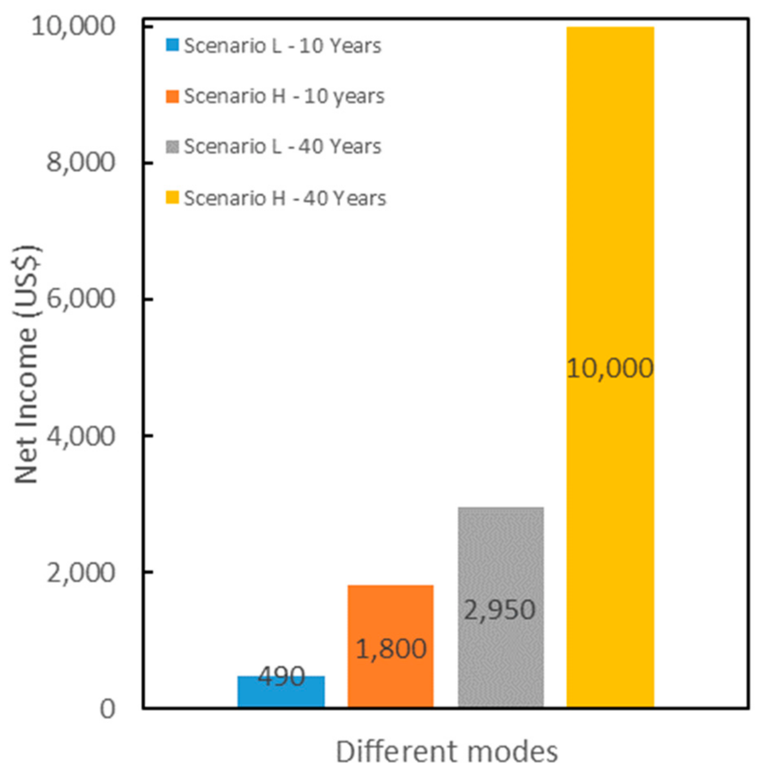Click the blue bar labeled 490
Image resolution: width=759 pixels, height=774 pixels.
[281, 697]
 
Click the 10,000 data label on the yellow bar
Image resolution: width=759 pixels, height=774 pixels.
[610, 368]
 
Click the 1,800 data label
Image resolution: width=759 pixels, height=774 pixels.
[391, 649]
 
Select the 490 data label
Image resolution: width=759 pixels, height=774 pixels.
[281, 676]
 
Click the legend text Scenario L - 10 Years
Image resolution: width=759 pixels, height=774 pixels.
[283, 46]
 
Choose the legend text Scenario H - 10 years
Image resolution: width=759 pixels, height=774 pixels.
[284, 97]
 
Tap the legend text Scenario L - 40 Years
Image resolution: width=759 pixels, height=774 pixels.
[283, 146]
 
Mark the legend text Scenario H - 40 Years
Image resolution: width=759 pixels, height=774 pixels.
[285, 198]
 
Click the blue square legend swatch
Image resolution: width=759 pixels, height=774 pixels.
[172, 45]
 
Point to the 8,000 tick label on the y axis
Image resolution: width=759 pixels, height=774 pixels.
[80, 163]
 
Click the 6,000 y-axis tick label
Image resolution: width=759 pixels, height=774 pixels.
[80, 299]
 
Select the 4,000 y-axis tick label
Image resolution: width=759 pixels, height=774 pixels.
[80, 436]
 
